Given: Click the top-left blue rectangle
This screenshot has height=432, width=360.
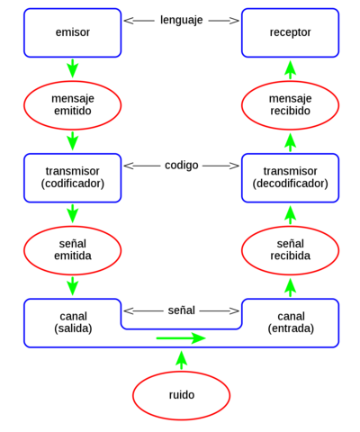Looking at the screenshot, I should click(72, 33).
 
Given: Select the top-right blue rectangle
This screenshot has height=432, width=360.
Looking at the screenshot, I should click(290, 33).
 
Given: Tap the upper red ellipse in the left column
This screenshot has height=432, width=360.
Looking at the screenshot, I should click(72, 105).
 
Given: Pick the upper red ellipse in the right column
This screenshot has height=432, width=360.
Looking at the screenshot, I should click(290, 105).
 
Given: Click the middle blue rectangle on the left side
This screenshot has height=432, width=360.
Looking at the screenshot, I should click(72, 178).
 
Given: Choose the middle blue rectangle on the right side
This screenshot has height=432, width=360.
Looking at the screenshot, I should click(290, 178).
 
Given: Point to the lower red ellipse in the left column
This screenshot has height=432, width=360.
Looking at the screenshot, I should click(72, 250).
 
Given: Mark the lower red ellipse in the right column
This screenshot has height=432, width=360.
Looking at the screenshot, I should click(290, 250).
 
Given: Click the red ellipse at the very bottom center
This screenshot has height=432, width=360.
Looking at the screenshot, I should click(182, 395).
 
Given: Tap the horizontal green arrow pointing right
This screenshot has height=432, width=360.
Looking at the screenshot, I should click(181, 337).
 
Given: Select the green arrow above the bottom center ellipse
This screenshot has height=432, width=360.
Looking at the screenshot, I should click(182, 360).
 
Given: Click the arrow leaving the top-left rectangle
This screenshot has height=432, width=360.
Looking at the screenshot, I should click(72, 69).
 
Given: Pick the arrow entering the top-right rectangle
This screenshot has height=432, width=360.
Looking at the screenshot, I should click(290, 69).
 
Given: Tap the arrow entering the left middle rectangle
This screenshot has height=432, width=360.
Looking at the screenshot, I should click(72, 141).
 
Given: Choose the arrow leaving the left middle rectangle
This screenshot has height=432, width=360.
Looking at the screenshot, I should click(72, 214).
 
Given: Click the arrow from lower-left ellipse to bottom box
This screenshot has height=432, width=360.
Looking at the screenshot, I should click(72, 286).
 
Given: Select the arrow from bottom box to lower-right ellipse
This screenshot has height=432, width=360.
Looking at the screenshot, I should click(290, 286).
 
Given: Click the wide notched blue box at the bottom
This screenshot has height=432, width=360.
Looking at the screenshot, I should click(72, 324).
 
